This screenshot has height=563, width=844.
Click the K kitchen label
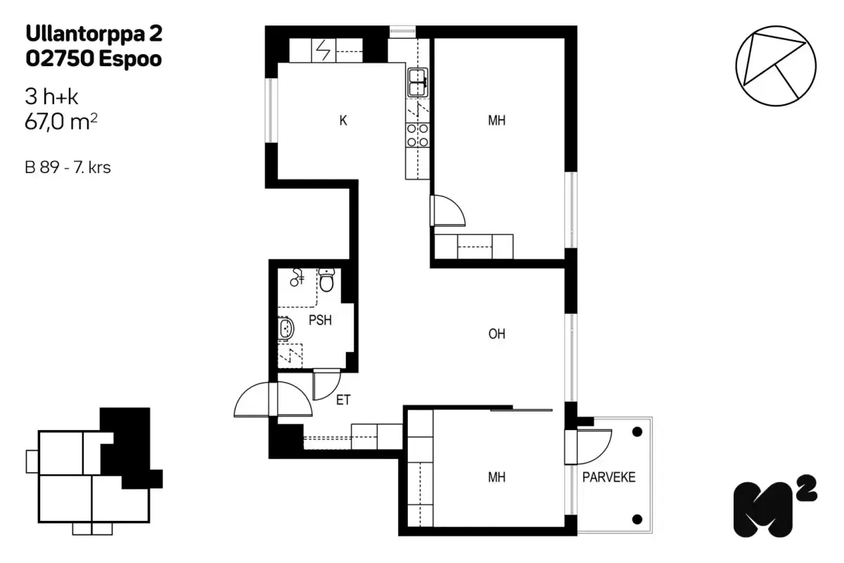pos(343,120)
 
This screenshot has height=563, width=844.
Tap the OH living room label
pos(497,334)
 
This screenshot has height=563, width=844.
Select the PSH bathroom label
pos(320,320)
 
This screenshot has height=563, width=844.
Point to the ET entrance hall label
pos(343,400)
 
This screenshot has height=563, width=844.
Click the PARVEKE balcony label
pos(608,477)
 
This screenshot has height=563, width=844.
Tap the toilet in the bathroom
pos(326,281)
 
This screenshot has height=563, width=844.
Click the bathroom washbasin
pos(286,329)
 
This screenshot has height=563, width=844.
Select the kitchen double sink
pos(418,82)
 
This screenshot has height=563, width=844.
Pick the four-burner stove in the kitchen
pos(418,134)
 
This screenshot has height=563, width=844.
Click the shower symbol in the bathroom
pos(298,278)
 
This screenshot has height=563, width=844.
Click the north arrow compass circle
pos(776,67)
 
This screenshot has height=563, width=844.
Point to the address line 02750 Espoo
pos(94,59)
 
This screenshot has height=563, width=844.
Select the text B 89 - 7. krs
pos(68,168)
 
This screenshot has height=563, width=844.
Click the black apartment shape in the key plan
pos(127,443)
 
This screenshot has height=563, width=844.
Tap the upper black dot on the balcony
pos(637,431)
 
